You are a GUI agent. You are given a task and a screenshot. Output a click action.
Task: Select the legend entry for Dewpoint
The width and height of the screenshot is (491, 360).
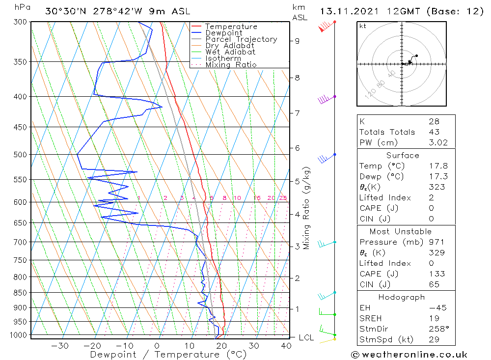click(223, 33)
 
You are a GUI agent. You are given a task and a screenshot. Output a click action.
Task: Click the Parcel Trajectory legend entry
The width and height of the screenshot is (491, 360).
click(241, 39)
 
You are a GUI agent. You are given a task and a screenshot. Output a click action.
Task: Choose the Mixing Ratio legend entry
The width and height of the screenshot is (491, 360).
click(231, 65)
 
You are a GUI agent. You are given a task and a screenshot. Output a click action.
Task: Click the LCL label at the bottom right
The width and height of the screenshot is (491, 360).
click(306, 337)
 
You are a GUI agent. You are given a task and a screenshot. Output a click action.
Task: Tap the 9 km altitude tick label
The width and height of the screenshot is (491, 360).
click(297, 41)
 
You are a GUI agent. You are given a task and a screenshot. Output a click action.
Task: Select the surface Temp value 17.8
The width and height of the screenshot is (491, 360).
click(438, 166)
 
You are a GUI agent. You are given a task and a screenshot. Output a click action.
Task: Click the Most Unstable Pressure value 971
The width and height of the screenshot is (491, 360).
click(436, 242)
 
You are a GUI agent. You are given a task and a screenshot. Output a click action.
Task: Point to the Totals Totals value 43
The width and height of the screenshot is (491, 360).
click(434, 132)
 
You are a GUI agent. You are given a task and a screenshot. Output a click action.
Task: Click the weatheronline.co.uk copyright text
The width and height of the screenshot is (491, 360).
click(409, 355)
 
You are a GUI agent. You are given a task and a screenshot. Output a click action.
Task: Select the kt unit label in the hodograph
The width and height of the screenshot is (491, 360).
click(362, 26)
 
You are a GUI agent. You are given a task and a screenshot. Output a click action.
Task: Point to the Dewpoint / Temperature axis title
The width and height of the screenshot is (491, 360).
click(168, 355)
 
